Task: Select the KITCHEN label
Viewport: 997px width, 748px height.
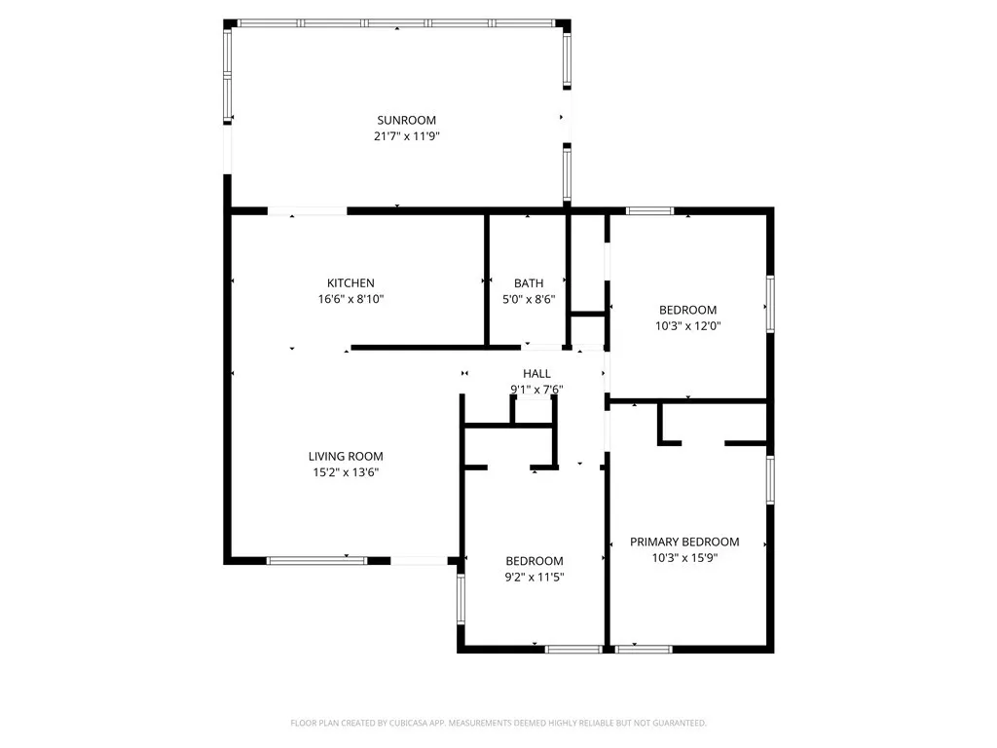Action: (x=351, y=283)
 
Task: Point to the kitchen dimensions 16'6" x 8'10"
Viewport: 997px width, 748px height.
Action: (x=351, y=300)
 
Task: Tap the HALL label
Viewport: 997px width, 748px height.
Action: (x=536, y=373)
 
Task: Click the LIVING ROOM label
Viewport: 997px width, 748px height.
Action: (x=346, y=456)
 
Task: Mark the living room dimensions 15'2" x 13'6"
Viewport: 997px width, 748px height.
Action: (x=346, y=472)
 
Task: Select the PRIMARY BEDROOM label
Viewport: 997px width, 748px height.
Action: (x=684, y=542)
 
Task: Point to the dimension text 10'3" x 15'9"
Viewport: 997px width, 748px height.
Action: (x=684, y=558)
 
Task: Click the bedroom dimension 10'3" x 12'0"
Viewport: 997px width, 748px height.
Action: (x=686, y=327)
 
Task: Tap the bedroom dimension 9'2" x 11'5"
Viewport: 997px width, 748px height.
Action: (x=535, y=578)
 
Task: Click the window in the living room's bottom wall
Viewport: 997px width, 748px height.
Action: (x=316, y=560)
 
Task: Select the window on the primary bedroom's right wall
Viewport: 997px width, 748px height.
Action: (x=770, y=480)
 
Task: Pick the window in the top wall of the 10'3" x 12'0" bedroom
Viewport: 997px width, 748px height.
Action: (x=648, y=210)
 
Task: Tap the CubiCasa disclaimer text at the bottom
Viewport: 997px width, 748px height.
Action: (x=498, y=723)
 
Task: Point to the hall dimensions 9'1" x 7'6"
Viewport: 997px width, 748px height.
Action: (x=536, y=390)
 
